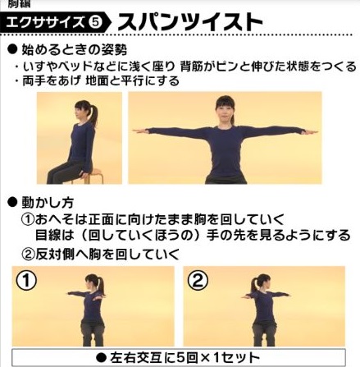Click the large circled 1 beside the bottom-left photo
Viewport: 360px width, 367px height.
click(x=27, y=282)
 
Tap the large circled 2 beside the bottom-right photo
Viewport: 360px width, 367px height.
click(x=198, y=282)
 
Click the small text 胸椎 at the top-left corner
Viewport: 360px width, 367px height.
click(x=16, y=3)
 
